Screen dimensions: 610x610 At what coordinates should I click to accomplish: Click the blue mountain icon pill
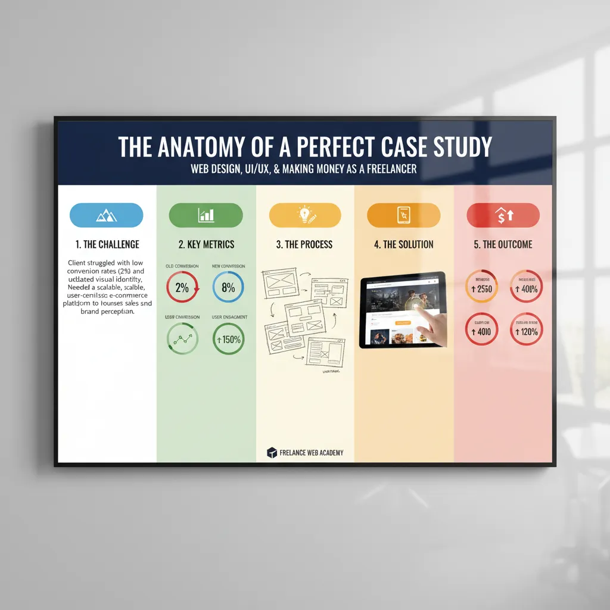click(107, 215)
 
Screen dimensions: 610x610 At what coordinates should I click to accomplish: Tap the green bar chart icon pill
click(206, 215)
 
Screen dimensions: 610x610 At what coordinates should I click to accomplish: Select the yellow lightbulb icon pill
click(305, 215)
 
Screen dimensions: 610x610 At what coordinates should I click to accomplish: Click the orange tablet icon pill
click(404, 215)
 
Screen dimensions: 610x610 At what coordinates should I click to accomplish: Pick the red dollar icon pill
click(503, 215)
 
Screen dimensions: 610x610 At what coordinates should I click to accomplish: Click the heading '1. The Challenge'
click(107, 244)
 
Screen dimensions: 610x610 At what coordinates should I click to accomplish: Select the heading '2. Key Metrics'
click(206, 244)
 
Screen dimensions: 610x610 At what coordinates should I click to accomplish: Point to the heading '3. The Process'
click(304, 244)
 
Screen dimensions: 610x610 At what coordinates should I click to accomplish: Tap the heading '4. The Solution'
click(404, 244)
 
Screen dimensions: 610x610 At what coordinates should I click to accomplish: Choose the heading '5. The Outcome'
click(503, 244)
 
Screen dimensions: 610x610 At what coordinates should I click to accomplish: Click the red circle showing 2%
click(182, 287)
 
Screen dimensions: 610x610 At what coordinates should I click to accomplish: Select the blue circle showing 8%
click(228, 287)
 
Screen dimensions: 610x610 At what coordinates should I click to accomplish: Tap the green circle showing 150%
click(228, 339)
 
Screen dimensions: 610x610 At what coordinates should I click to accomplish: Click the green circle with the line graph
click(182, 339)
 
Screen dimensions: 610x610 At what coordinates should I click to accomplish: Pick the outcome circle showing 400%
click(527, 289)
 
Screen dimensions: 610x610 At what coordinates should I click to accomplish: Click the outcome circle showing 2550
click(481, 289)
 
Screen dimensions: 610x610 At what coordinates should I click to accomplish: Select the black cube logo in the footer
click(272, 453)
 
